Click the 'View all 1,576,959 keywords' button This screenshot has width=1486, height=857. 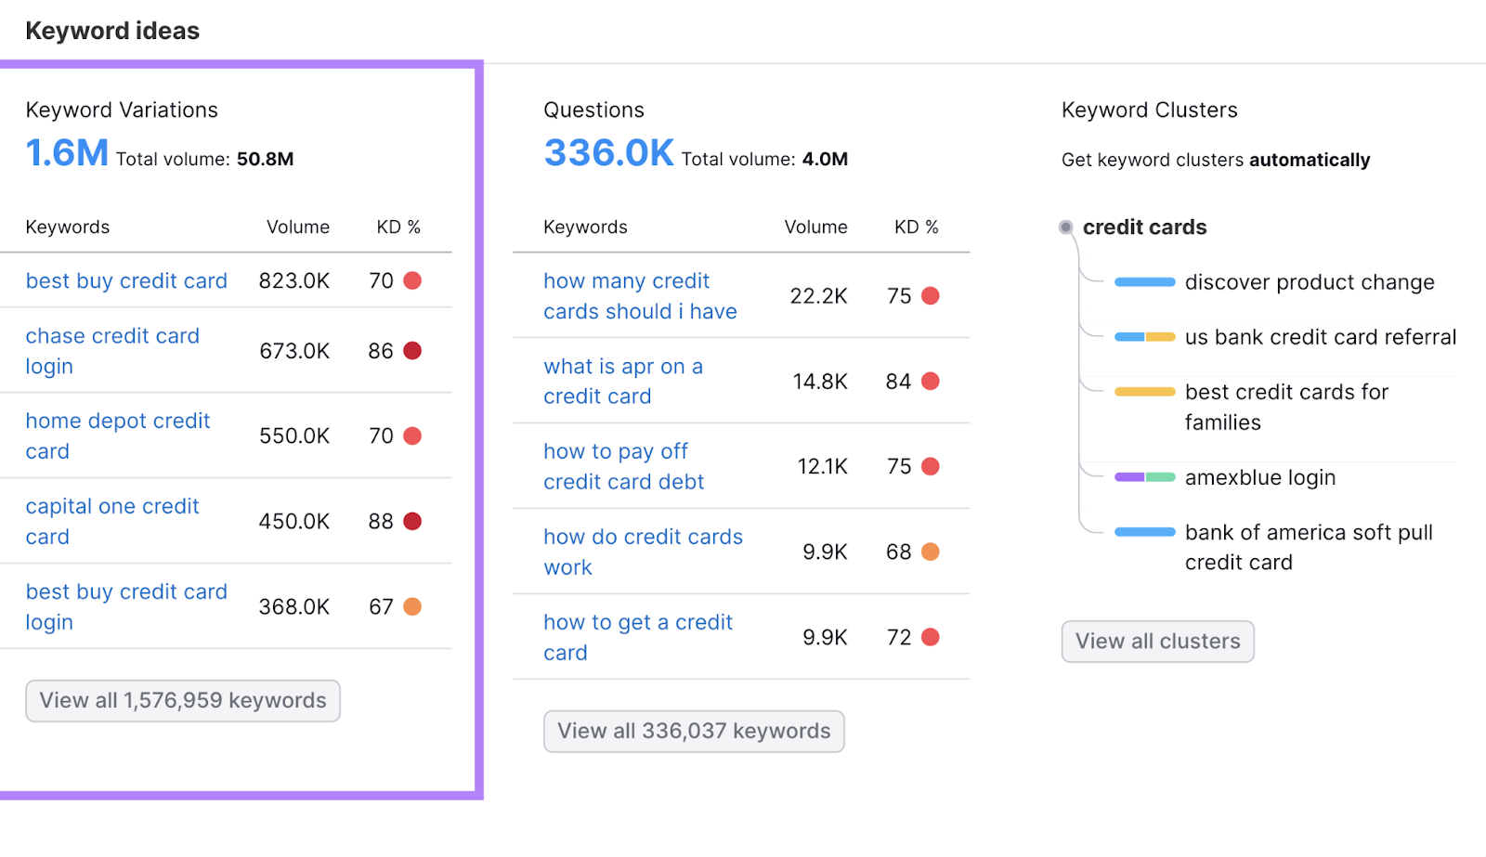click(183, 701)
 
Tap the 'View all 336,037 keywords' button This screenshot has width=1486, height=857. click(694, 732)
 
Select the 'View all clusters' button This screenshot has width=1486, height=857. click(1157, 642)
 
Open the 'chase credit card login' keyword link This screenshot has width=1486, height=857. click(112, 351)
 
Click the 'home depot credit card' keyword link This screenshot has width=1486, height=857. click(118, 435)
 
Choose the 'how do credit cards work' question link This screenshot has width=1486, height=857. click(643, 552)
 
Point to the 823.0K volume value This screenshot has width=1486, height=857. click(294, 281)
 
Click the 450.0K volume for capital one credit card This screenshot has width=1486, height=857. click(294, 522)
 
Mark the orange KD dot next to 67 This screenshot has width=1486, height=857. click(412, 607)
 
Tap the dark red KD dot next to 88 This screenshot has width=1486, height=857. click(412, 522)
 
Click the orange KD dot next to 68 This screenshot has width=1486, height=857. click(930, 552)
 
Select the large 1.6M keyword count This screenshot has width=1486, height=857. click(67, 153)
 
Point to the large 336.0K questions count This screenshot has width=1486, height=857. click(608, 153)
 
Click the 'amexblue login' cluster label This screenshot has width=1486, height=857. click(1260, 477)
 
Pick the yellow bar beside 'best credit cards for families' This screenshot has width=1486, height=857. click(1144, 392)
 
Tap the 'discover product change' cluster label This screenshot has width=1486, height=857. click(1310, 282)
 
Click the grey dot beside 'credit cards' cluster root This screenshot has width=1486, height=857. click(1066, 227)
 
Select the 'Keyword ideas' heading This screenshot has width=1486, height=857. click(112, 31)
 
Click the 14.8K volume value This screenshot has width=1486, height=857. click(820, 382)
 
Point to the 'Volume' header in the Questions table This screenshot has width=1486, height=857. click(815, 227)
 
